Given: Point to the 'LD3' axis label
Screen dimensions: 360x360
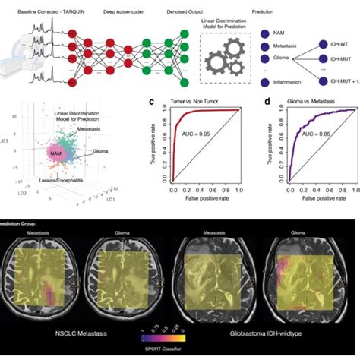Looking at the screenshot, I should [x=27, y=141].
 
